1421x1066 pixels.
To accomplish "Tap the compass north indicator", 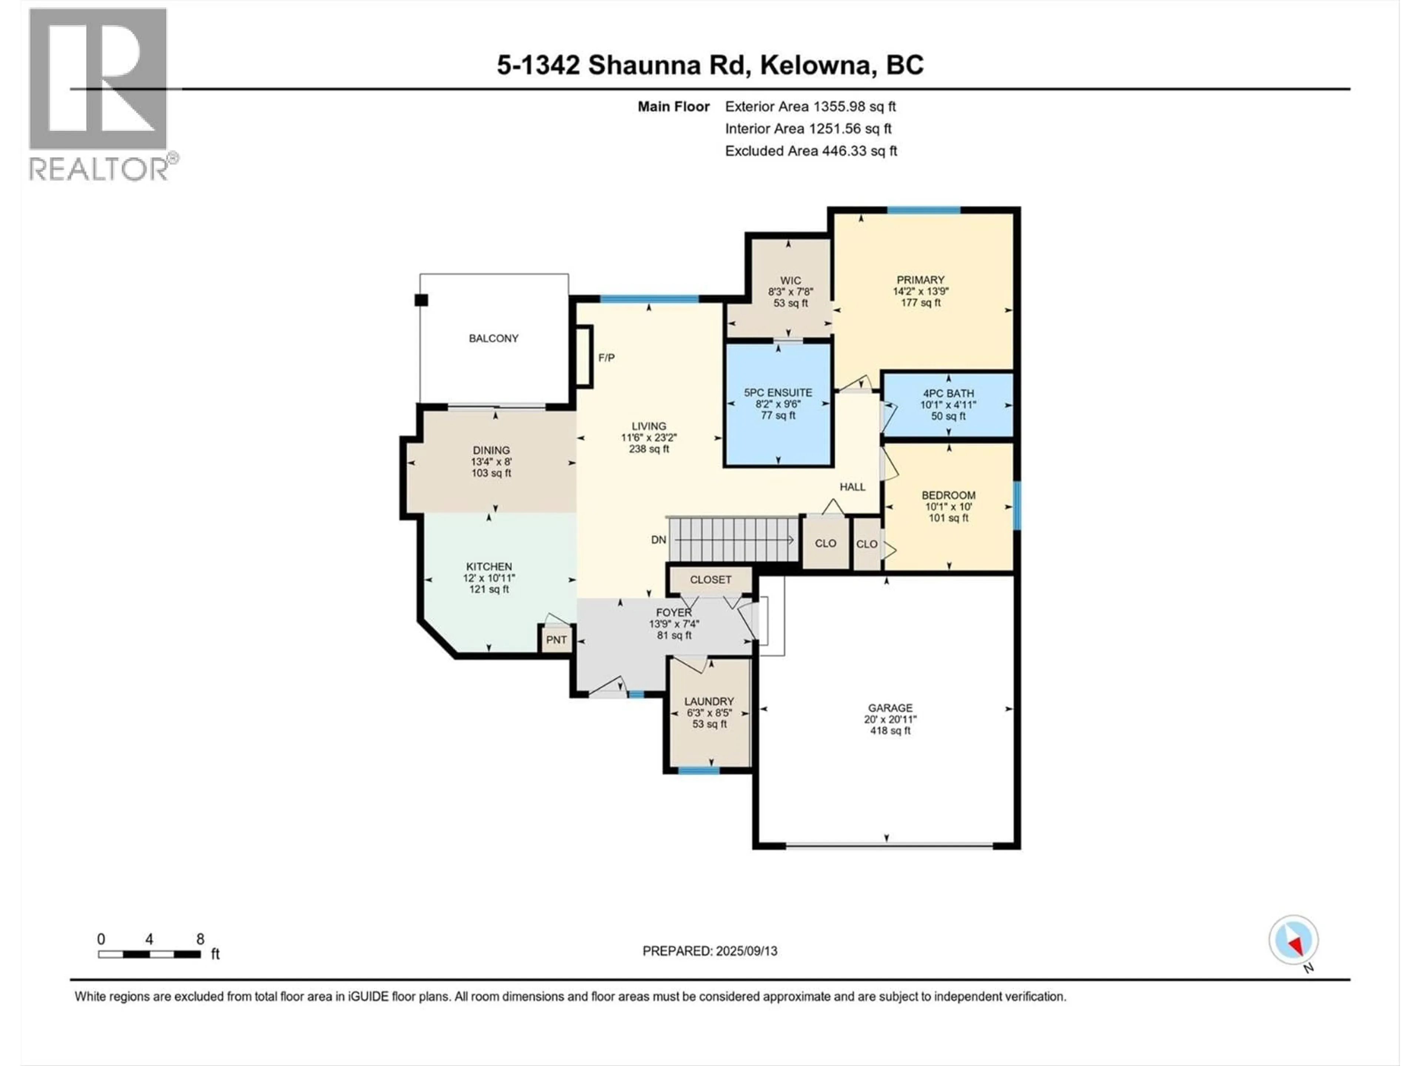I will tap(1293, 941).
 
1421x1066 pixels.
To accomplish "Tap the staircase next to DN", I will tap(732, 540).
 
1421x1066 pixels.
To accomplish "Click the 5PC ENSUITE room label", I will tap(778, 393).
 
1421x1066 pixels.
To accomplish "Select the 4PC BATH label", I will tap(948, 393).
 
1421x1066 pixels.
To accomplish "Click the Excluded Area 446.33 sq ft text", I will tap(811, 151).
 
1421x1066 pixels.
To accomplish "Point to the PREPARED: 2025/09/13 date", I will tap(710, 951).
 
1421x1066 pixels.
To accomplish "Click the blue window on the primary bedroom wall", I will tap(924, 210).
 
